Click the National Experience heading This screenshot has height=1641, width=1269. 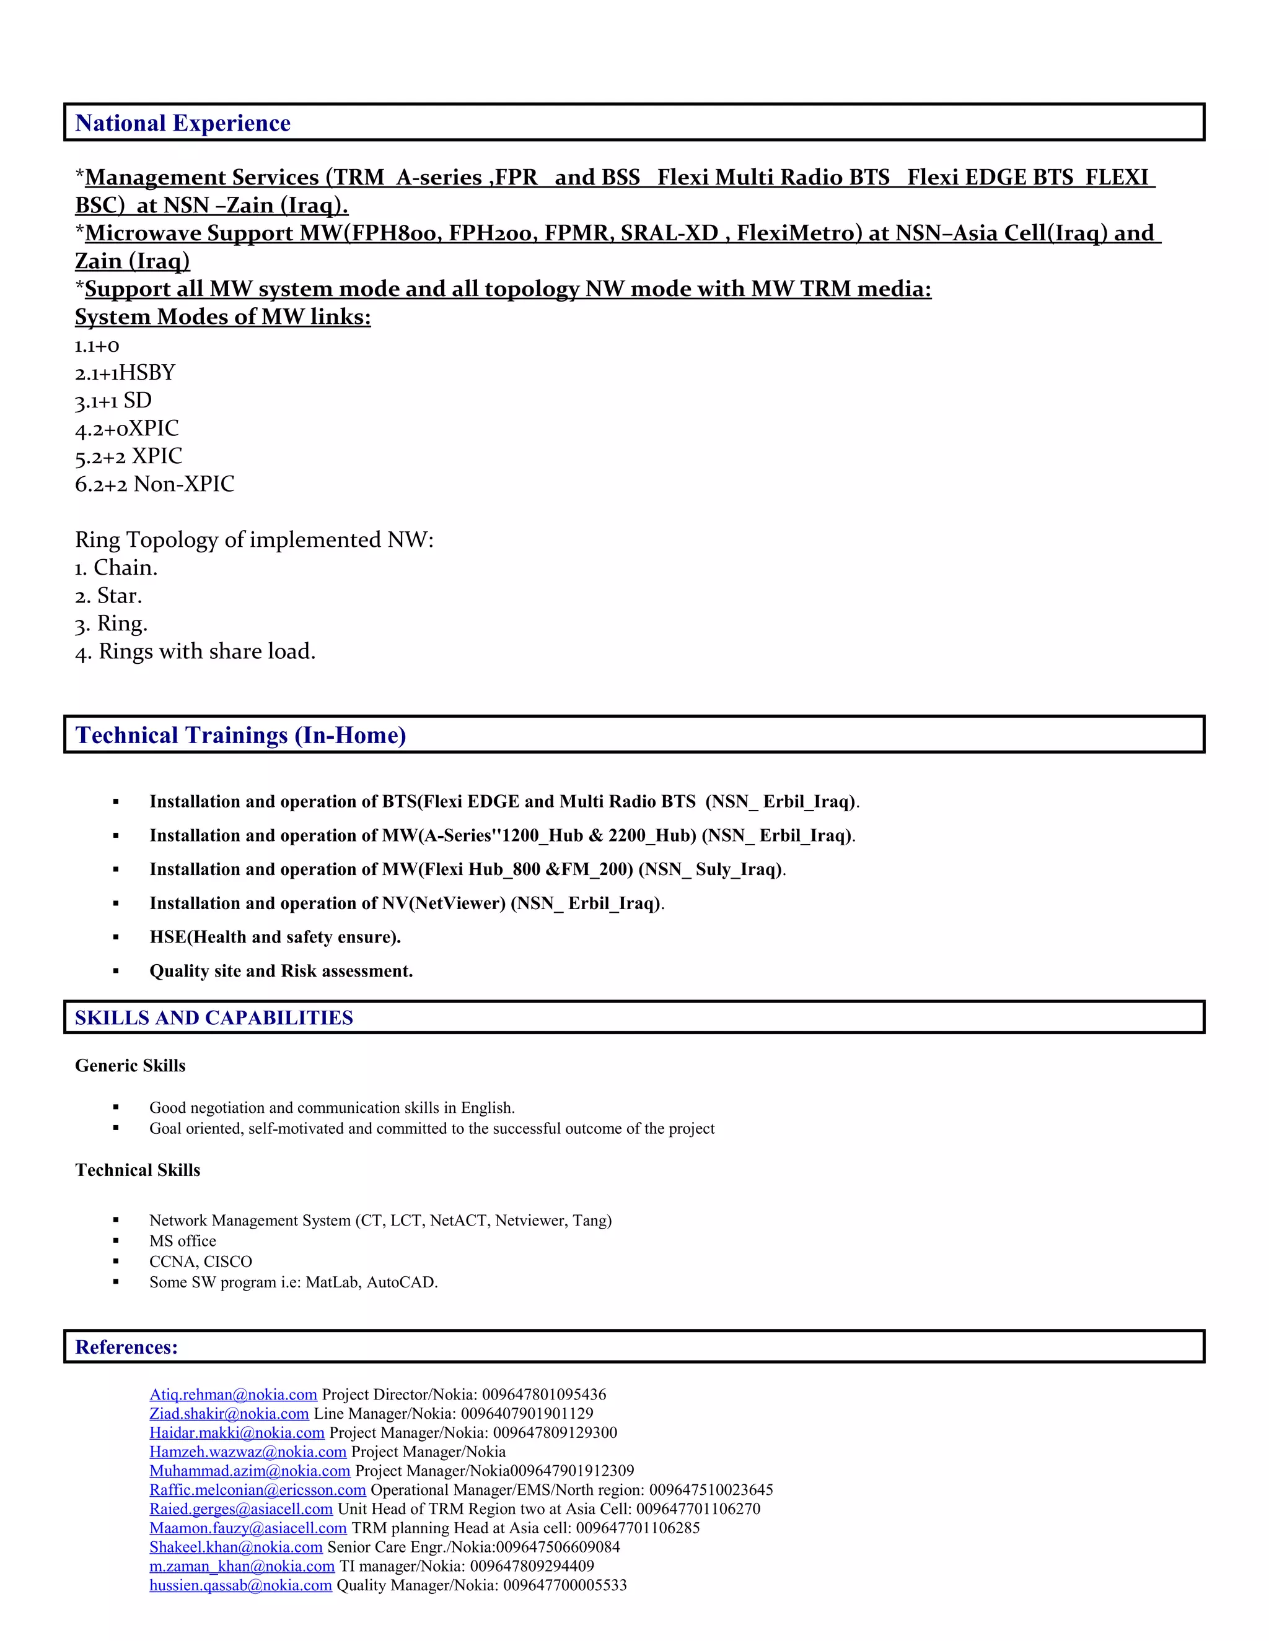click(x=183, y=123)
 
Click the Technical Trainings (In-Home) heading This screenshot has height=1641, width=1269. click(x=240, y=735)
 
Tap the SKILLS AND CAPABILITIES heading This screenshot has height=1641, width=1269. click(x=214, y=1017)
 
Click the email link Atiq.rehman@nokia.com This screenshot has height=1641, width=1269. click(x=233, y=1395)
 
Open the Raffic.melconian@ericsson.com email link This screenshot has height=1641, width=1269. click(x=257, y=1490)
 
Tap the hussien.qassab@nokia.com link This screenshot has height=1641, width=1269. click(x=240, y=1585)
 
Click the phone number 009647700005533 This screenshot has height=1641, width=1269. click(x=564, y=1585)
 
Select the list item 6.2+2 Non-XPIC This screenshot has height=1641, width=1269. click(x=154, y=484)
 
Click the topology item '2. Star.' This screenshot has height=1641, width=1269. click(x=108, y=596)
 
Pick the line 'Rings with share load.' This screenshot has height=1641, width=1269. click(x=207, y=651)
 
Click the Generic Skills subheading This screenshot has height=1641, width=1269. click(x=130, y=1066)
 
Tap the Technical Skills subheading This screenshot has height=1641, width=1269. click(x=138, y=1170)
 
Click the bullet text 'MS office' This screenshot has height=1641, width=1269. click(x=183, y=1240)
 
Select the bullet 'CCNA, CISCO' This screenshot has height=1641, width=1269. click(x=201, y=1261)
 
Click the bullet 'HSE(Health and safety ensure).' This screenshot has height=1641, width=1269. click(x=275, y=937)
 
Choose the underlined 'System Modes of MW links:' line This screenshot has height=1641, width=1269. click(x=222, y=317)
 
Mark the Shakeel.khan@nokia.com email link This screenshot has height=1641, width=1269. click(x=236, y=1547)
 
